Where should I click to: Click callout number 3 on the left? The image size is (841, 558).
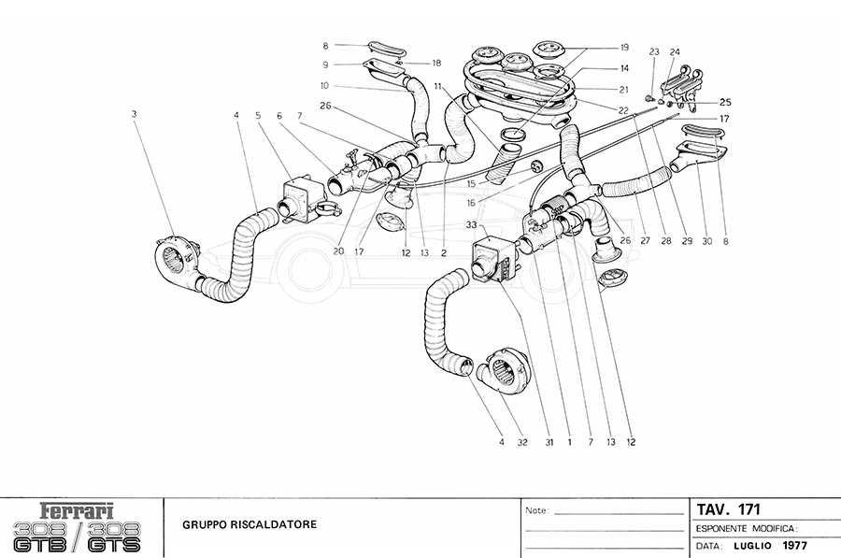[x=135, y=114]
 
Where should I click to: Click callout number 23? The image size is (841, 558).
[x=654, y=51]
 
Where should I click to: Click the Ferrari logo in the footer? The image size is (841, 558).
[x=77, y=512]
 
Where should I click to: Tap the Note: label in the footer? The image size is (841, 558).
[x=537, y=511]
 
